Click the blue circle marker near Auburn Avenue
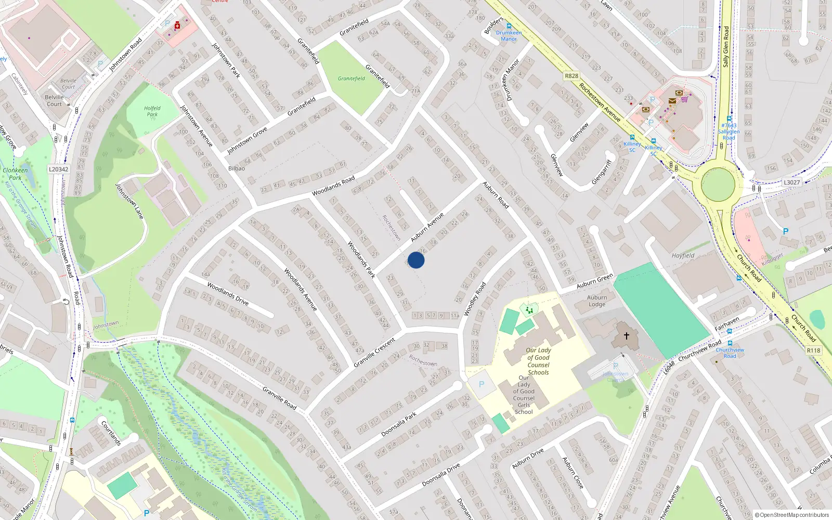[x=416, y=260]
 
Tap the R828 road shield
[x=571, y=76]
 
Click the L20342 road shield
[x=58, y=169]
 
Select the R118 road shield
[x=814, y=350]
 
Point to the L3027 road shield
[x=791, y=183]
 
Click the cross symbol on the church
[x=627, y=336]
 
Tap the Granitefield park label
[x=352, y=79]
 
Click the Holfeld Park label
[x=152, y=111]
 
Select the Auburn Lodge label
[x=597, y=301]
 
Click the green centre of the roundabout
[x=718, y=185]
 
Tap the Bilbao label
[x=237, y=168]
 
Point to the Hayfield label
[x=683, y=255]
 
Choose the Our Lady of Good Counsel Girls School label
[x=524, y=395]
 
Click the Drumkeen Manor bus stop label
[x=509, y=35]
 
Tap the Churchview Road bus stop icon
[x=730, y=343]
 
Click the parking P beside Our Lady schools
[x=482, y=385]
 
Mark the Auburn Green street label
[x=594, y=281]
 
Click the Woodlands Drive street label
[x=228, y=294]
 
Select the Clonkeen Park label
[x=15, y=174]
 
